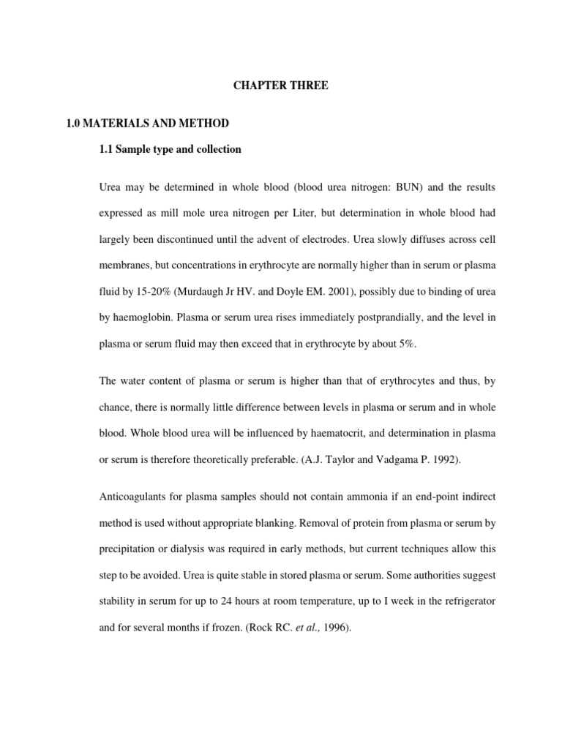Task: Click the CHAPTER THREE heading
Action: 281,86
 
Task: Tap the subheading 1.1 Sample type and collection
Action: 170,149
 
